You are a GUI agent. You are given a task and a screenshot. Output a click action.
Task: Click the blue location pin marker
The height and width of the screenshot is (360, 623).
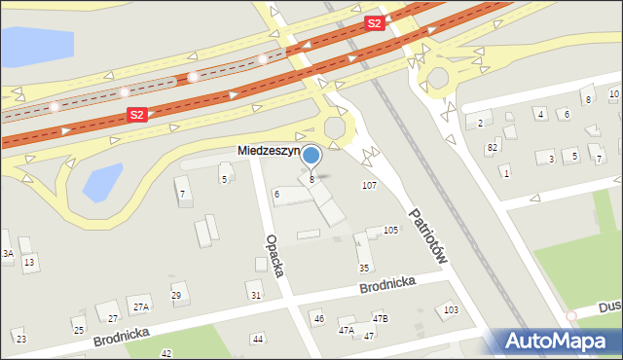point(311,156)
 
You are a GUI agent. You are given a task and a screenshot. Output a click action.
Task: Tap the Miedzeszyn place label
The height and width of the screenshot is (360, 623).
point(269,152)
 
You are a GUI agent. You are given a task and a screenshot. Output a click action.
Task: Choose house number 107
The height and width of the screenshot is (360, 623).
point(369,185)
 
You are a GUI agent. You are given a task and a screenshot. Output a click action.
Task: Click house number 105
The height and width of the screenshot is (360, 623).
point(390,230)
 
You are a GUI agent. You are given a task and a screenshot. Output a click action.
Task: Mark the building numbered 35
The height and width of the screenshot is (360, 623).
point(364,268)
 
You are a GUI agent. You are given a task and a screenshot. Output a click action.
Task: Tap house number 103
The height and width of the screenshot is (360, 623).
point(450,309)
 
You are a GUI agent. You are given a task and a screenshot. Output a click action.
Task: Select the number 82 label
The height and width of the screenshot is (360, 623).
point(492,146)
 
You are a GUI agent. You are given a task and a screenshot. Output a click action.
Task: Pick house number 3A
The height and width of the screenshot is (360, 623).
point(7,253)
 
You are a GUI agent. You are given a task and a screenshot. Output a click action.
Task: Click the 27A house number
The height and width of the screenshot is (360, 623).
point(141,306)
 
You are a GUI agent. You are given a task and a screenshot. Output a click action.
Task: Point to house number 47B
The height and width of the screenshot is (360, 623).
point(380,318)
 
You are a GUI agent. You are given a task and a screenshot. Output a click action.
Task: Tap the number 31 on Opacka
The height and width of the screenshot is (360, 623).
point(255,295)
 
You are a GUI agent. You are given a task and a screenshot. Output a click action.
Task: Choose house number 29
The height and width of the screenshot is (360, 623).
point(176,296)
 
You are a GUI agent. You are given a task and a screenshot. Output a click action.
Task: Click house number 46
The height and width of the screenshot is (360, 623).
point(318,318)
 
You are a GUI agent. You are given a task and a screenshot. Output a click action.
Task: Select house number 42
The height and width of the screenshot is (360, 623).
point(166,353)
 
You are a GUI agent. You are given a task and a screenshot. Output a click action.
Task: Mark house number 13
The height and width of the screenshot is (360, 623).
point(29,262)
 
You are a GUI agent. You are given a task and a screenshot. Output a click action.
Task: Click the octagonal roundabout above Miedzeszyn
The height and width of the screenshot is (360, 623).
point(335,127)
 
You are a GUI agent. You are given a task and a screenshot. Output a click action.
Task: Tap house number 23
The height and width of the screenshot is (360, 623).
point(20,339)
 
